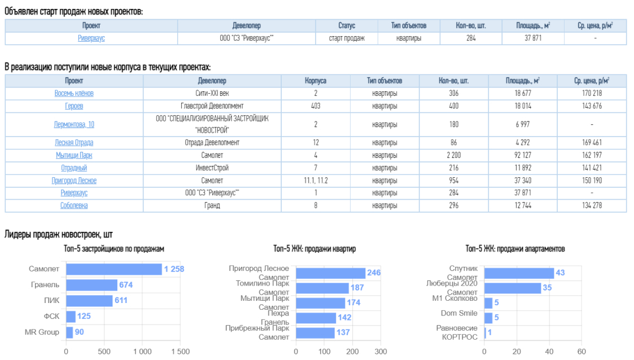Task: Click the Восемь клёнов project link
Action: [74, 94]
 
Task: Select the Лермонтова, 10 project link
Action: [74, 124]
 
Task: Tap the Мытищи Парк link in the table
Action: [74, 155]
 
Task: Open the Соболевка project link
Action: [74, 205]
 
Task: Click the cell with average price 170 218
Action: [591, 94]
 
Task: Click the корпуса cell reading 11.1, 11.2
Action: [315, 181]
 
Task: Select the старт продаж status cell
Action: [347, 38]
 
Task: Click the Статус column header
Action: [347, 25]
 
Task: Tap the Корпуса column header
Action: [315, 81]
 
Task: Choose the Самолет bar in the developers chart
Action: [113, 269]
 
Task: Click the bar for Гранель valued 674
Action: [91, 285]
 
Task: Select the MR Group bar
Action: [69, 332]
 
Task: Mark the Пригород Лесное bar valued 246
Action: [331, 273]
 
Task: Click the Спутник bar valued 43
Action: [519, 273]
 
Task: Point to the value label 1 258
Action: [174, 269]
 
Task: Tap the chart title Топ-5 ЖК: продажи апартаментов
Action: [515, 249]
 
